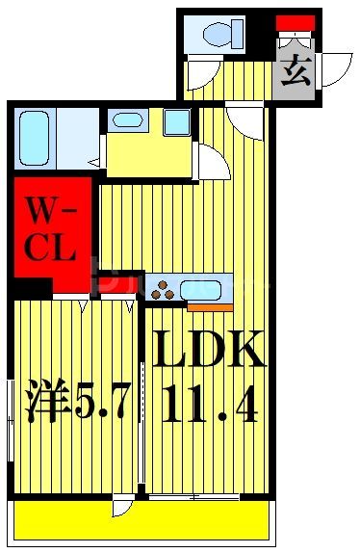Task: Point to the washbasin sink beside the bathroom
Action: pyautogui.click(x=127, y=121)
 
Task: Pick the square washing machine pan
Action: pyautogui.click(x=176, y=122)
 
